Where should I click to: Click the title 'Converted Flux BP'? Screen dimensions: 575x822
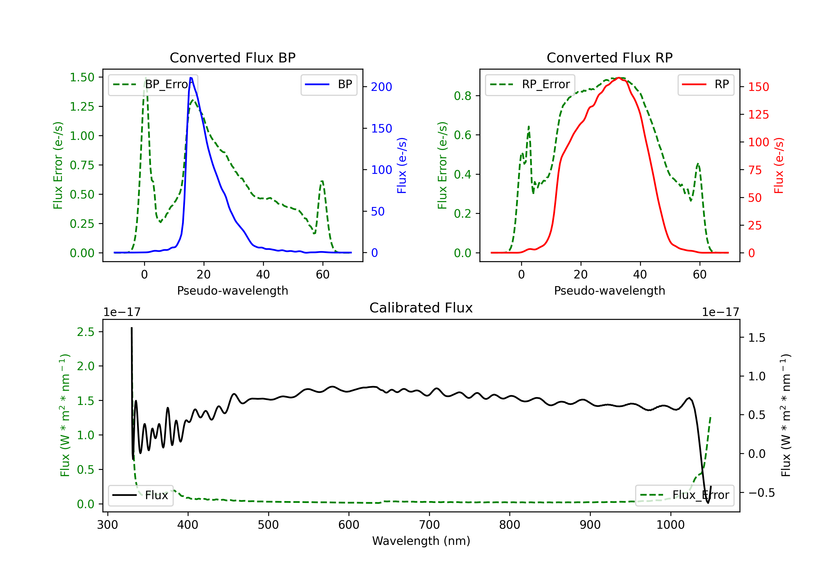point(232,58)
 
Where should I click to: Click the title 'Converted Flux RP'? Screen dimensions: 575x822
point(609,58)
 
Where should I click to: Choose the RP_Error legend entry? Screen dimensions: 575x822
point(530,84)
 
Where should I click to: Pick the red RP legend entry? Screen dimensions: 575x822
point(706,84)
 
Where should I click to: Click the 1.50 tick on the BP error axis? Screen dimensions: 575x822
point(82,77)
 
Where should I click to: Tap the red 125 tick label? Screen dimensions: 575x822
point(758,114)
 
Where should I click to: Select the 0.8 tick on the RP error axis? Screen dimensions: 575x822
point(463,96)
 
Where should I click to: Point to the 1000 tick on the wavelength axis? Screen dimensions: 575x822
point(670,525)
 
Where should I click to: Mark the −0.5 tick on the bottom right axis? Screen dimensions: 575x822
point(761,493)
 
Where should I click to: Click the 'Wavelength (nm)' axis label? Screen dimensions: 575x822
point(421,541)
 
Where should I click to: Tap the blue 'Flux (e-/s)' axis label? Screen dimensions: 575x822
point(402,165)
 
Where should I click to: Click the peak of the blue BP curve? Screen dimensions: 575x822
point(191,78)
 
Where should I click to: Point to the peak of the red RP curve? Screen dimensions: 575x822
point(619,78)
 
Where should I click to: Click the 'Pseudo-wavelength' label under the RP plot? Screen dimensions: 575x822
point(609,291)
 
